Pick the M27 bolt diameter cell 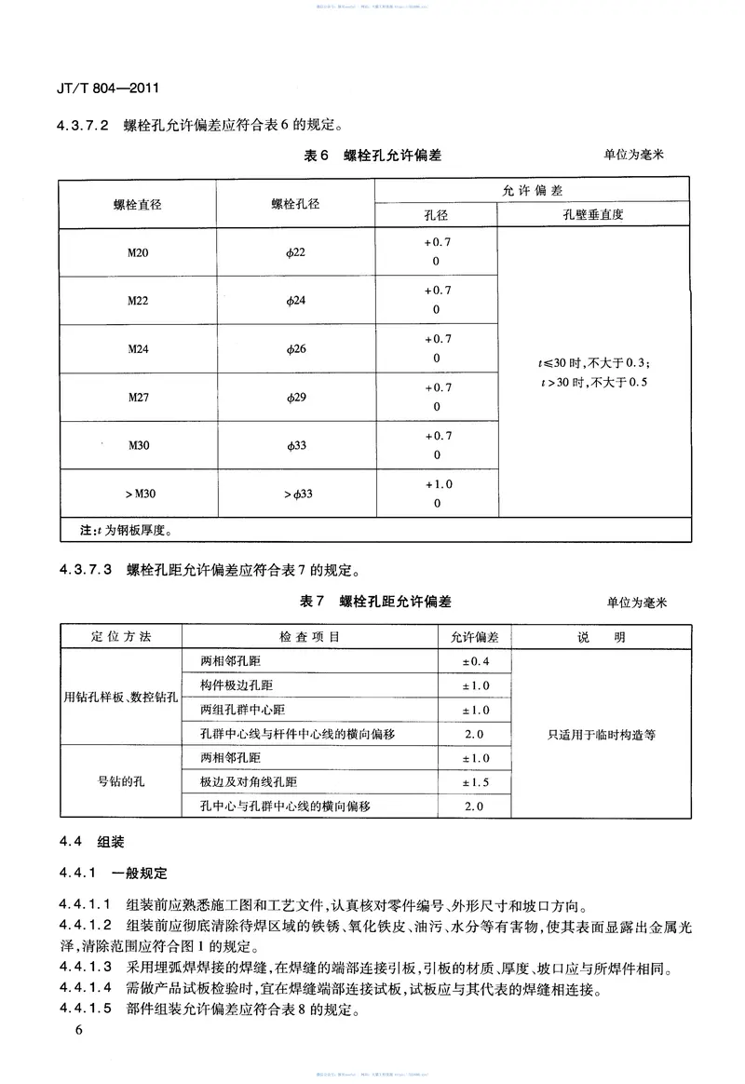(138, 398)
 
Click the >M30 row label (138, 494)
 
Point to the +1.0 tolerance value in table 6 (437, 484)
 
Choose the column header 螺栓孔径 (295, 204)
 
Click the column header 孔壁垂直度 (593, 215)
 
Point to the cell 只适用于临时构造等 (602, 734)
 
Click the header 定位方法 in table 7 (122, 637)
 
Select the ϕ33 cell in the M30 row (295, 446)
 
